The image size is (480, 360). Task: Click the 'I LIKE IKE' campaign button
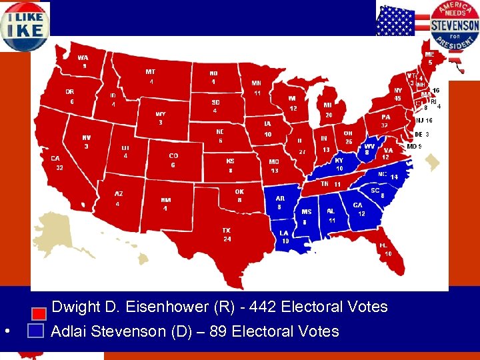coord(25,25)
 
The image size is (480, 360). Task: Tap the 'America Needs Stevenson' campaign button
coord(455,25)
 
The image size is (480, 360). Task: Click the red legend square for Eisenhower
coord(39,311)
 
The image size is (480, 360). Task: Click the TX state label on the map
coord(227,231)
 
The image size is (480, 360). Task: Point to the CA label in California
coord(56,159)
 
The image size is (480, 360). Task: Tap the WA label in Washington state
coord(83,57)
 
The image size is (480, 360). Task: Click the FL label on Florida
coord(384,245)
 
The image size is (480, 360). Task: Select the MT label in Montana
coord(151,72)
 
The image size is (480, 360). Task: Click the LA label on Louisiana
coord(285,233)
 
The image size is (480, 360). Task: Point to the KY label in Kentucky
coord(339,161)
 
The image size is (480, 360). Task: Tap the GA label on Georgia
coord(358,205)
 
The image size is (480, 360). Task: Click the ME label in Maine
coord(430,54)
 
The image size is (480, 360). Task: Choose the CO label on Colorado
coord(173,156)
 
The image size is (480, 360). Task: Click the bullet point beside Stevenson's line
coord(5,331)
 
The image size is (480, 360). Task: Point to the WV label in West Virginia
coord(369,146)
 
